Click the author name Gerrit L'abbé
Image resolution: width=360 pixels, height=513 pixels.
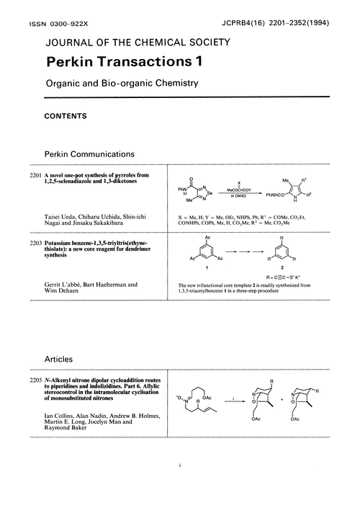[70, 305]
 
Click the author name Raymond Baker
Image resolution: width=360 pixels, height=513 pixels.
[66, 437]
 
